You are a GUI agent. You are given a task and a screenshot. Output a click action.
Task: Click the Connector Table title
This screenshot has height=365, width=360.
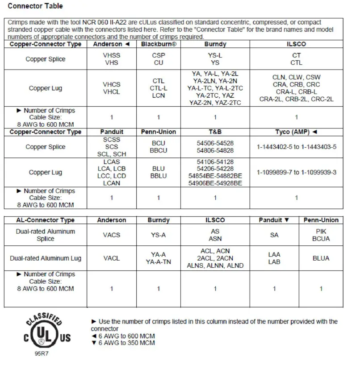point(35,6)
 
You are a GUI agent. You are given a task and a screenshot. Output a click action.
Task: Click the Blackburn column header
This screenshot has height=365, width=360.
point(158,44)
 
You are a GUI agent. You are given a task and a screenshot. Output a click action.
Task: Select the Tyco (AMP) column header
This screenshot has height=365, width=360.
point(297,132)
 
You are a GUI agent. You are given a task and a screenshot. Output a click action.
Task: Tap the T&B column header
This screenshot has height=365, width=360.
point(215,132)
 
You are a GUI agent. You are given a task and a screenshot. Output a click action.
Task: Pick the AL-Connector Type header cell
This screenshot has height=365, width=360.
point(46,220)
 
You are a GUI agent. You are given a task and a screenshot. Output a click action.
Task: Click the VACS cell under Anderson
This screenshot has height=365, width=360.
point(112,235)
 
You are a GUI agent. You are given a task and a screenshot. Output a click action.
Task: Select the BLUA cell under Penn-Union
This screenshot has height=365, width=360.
point(321,258)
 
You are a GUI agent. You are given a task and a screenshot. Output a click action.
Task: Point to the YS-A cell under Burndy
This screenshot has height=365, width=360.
point(158,235)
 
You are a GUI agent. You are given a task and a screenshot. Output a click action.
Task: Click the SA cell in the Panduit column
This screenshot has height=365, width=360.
point(274,235)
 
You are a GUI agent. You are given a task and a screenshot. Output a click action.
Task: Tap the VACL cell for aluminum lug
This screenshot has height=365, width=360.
point(112,258)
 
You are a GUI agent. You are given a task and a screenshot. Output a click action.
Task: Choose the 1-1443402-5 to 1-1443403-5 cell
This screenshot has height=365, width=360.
point(297,147)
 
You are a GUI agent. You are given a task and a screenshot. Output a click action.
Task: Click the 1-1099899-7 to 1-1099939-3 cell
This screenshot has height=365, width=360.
point(297,172)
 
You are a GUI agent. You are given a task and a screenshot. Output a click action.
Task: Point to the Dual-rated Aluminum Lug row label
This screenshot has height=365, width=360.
point(46,258)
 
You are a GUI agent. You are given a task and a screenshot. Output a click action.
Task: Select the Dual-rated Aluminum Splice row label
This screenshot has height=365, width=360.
point(46,235)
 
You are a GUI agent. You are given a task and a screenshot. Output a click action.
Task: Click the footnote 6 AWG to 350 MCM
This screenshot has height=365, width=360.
point(123,343)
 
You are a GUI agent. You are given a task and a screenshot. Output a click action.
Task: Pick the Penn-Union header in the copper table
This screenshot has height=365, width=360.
point(158,132)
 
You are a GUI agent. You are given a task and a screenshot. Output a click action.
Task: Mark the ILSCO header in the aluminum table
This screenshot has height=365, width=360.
point(215,220)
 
